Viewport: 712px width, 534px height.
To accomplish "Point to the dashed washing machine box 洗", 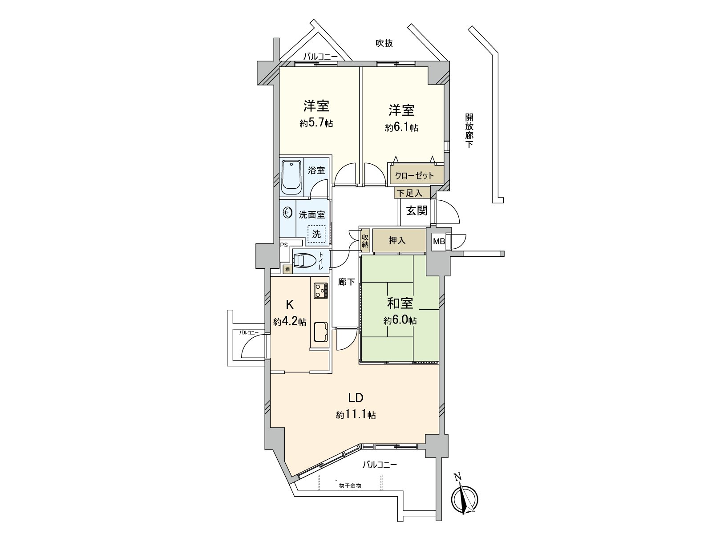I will pyautogui.click(x=316, y=234).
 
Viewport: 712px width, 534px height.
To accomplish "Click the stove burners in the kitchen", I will pyautogui.click(x=320, y=291).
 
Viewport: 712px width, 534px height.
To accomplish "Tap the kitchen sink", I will pyautogui.click(x=320, y=332).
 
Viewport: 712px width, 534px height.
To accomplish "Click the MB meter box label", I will pyautogui.click(x=439, y=242).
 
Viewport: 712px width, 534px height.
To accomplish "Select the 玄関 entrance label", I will pyautogui.click(x=417, y=210).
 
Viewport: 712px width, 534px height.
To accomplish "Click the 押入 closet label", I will pyautogui.click(x=397, y=241).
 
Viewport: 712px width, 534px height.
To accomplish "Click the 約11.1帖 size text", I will pyautogui.click(x=356, y=415).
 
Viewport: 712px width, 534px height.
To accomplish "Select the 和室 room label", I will pyautogui.click(x=400, y=303).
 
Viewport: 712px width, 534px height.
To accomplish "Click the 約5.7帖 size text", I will pyautogui.click(x=316, y=123).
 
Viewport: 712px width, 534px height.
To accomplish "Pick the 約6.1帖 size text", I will pyautogui.click(x=401, y=128).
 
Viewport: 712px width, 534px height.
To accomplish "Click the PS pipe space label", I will pyautogui.click(x=283, y=245).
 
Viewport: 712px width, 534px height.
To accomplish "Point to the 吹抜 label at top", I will pyautogui.click(x=384, y=43).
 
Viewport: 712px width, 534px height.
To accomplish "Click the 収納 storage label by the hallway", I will pyautogui.click(x=365, y=240).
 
